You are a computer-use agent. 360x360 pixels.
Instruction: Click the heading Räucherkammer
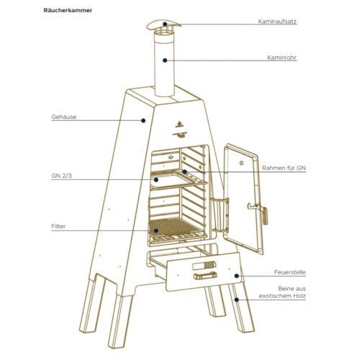(x=68, y=10)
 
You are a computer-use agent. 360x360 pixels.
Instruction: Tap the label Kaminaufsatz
(x=277, y=22)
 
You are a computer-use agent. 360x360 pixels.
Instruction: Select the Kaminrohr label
(x=282, y=58)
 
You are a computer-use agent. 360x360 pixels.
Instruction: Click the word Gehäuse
(x=64, y=117)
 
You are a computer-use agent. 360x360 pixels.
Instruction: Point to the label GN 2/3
(x=61, y=176)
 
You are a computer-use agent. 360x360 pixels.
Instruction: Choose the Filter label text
(x=58, y=226)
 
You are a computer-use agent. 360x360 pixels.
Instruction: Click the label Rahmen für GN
(x=284, y=168)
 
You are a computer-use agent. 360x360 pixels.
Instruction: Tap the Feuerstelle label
(x=290, y=272)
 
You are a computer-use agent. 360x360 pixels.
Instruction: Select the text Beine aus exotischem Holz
(x=282, y=292)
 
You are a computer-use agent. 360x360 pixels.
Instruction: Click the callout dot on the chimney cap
(x=165, y=24)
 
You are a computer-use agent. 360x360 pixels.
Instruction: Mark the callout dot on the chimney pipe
(x=165, y=60)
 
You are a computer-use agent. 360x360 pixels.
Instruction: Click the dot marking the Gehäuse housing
(x=143, y=120)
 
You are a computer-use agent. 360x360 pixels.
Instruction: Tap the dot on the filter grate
(x=156, y=230)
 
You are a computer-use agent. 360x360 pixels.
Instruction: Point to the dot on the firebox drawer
(x=237, y=276)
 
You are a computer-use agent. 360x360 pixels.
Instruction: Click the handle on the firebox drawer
(x=205, y=276)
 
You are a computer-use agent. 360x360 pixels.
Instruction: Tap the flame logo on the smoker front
(x=179, y=124)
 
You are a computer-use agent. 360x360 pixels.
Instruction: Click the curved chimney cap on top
(x=163, y=24)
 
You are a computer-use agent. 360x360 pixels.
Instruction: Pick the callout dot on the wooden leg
(x=237, y=300)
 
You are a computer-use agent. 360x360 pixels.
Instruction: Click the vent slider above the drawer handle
(x=204, y=266)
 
